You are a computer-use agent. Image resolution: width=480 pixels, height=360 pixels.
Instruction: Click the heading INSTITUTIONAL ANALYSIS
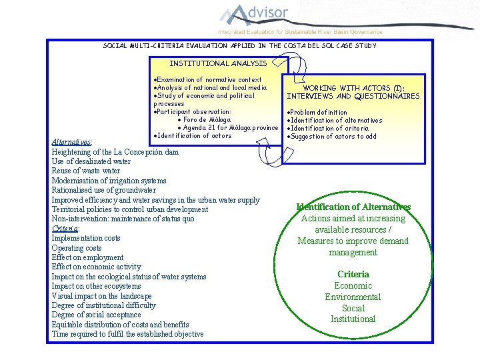218,63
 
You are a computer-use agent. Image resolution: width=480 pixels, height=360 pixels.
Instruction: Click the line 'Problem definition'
319,113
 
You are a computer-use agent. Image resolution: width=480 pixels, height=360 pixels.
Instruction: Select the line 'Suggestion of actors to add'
333,137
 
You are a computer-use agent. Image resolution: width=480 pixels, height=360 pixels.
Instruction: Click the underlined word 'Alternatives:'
72,142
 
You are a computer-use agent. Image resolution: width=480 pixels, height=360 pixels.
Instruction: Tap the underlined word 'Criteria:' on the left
66,228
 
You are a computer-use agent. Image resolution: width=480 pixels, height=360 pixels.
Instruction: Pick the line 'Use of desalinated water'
91,161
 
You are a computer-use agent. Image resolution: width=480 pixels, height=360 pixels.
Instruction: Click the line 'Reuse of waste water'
86,171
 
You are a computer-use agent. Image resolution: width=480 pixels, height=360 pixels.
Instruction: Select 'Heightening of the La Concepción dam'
115,152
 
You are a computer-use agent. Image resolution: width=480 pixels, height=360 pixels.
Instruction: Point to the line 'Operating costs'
77,248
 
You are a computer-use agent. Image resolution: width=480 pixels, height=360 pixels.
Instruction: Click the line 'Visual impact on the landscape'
102,296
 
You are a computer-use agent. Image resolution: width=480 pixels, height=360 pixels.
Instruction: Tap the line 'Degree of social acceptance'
97,315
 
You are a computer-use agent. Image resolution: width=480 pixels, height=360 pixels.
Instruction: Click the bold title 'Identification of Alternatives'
353,207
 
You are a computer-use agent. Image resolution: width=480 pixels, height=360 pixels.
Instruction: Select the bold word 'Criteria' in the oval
353,274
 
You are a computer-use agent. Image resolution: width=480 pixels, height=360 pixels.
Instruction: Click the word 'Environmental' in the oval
353,297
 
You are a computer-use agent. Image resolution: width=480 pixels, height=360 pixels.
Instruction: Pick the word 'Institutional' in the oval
353,319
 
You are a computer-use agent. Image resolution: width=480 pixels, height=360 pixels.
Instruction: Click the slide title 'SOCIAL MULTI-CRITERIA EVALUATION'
240,46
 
